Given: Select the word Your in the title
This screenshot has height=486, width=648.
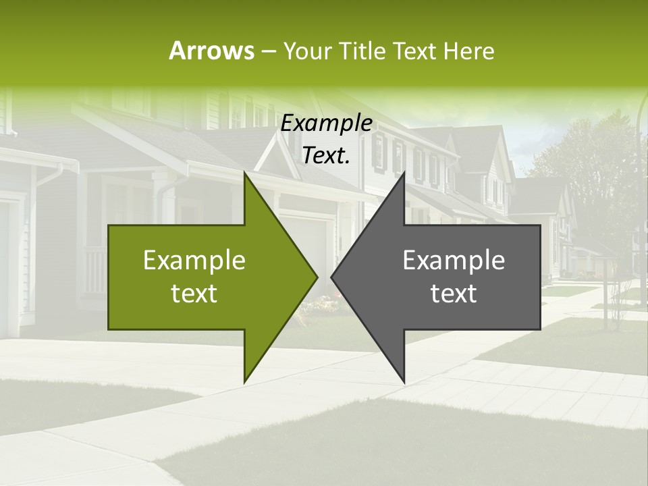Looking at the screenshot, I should pyautogui.click(x=307, y=51).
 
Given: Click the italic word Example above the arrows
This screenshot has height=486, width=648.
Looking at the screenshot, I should pyautogui.click(x=326, y=124).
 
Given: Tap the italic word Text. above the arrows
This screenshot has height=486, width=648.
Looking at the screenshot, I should pyautogui.click(x=326, y=156).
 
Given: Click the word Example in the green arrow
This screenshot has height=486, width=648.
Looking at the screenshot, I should pyautogui.click(x=194, y=260).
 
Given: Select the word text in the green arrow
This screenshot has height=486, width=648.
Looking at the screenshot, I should pyautogui.click(x=194, y=293).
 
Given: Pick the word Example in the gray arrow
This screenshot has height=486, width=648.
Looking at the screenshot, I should pyautogui.click(x=454, y=260).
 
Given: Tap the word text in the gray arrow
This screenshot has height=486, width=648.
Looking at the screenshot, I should pyautogui.click(x=454, y=293).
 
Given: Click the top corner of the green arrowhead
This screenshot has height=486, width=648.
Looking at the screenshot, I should pyautogui.click(x=244, y=172).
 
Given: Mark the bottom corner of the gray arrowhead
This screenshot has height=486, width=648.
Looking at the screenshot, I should pyautogui.click(x=404, y=382).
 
